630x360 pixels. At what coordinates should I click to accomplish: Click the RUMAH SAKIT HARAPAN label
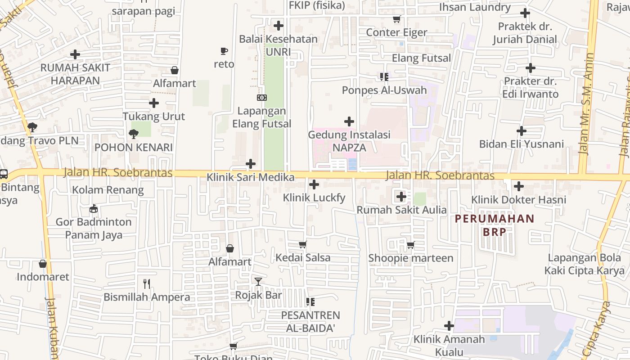(75, 74)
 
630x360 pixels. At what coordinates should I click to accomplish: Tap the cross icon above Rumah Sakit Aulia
(401, 197)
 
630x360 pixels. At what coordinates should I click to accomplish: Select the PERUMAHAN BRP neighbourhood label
(495, 225)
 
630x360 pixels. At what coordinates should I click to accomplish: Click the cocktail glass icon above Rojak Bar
(258, 282)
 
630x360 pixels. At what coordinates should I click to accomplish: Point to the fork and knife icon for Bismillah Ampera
(146, 283)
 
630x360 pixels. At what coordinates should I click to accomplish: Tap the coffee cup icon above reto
(224, 51)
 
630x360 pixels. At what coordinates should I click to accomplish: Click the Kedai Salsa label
(303, 258)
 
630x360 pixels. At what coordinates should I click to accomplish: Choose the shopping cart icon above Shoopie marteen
(410, 245)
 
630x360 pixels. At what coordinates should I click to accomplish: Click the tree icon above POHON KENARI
(133, 134)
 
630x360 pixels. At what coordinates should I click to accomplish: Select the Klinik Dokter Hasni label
(518, 199)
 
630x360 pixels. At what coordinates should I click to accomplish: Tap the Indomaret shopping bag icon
(43, 264)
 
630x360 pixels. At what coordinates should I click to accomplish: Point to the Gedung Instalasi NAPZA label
(349, 141)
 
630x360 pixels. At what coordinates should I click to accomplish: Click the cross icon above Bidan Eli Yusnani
(522, 131)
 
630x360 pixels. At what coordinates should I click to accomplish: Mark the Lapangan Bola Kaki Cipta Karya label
(585, 264)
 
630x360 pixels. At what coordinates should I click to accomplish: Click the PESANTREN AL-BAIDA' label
(310, 321)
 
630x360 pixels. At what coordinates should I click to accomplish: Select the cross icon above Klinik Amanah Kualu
(449, 326)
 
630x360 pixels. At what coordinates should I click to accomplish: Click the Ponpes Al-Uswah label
(384, 90)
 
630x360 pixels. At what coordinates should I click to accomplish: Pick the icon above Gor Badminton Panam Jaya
(94, 209)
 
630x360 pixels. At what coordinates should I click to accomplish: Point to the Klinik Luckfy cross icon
(314, 184)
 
